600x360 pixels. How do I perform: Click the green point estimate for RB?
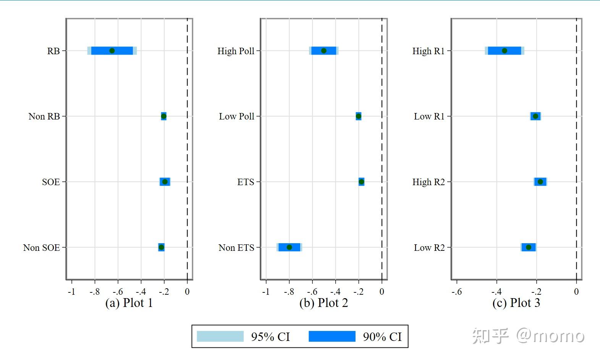112,51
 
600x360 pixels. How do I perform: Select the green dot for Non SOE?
161,247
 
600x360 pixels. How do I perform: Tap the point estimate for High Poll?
323,51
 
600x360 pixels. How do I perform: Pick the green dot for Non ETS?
289,247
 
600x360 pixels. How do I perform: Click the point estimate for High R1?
504,51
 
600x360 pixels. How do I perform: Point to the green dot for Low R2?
528,247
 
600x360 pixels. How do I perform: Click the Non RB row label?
44,116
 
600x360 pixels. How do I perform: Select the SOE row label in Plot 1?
51,182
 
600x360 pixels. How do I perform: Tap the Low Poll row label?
236,116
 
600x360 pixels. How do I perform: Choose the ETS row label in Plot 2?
246,182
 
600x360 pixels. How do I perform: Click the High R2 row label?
429,182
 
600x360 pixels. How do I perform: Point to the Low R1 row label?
429,116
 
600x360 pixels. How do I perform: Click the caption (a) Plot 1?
129,303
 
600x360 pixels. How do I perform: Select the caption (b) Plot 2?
323,303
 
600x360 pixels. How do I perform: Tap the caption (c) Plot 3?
516,303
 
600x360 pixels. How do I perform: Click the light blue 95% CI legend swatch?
220,336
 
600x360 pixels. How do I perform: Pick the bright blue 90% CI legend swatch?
332,336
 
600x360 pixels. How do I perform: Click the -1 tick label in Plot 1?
71,292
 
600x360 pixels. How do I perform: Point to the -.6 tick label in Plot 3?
456,292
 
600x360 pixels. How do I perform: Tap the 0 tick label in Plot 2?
382,292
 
